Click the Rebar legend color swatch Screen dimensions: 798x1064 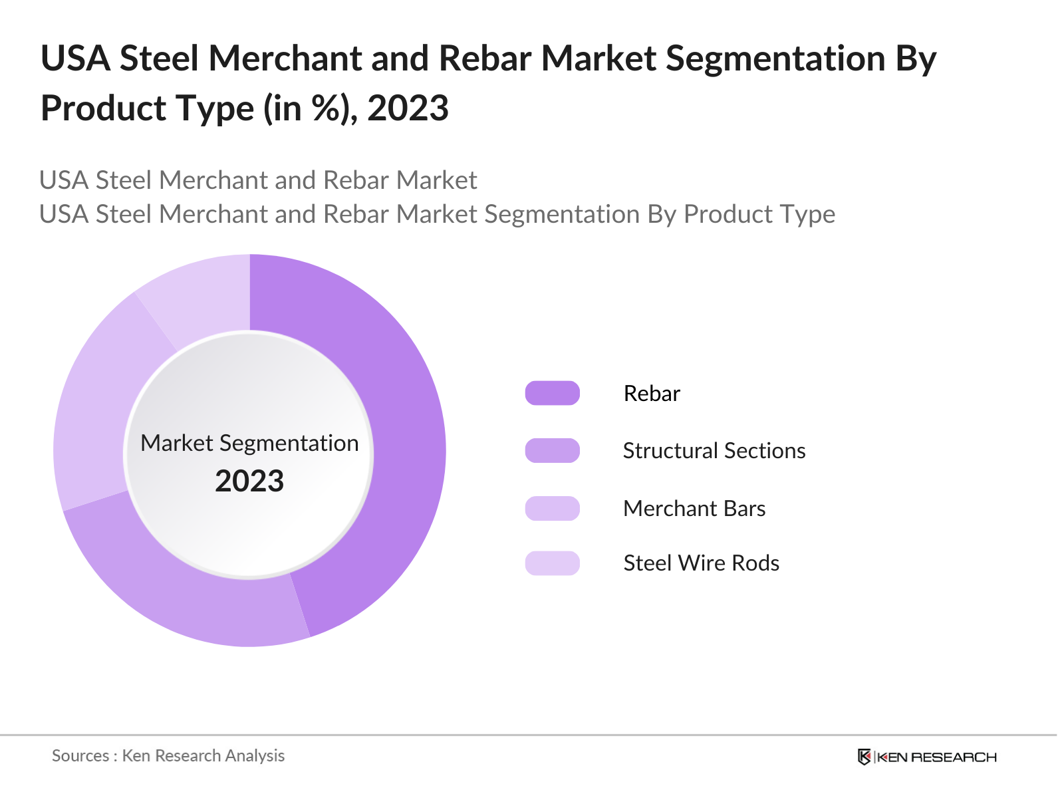(552, 393)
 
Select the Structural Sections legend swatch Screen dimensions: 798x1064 (552, 451)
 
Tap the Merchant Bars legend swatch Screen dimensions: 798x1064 (552, 508)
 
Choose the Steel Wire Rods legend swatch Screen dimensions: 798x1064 (552, 563)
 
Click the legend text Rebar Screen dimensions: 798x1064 (652, 394)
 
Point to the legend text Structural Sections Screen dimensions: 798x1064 (714, 451)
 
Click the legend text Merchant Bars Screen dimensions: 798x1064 (694, 509)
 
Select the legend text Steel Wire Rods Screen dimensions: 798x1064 (701, 563)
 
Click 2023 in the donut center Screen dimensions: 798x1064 (249, 481)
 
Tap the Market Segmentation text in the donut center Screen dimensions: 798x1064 (249, 443)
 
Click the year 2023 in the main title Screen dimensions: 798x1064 (408, 108)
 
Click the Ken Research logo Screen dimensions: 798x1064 (927, 757)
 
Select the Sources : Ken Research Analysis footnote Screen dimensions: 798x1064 (168, 756)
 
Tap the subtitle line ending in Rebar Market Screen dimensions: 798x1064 (258, 180)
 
